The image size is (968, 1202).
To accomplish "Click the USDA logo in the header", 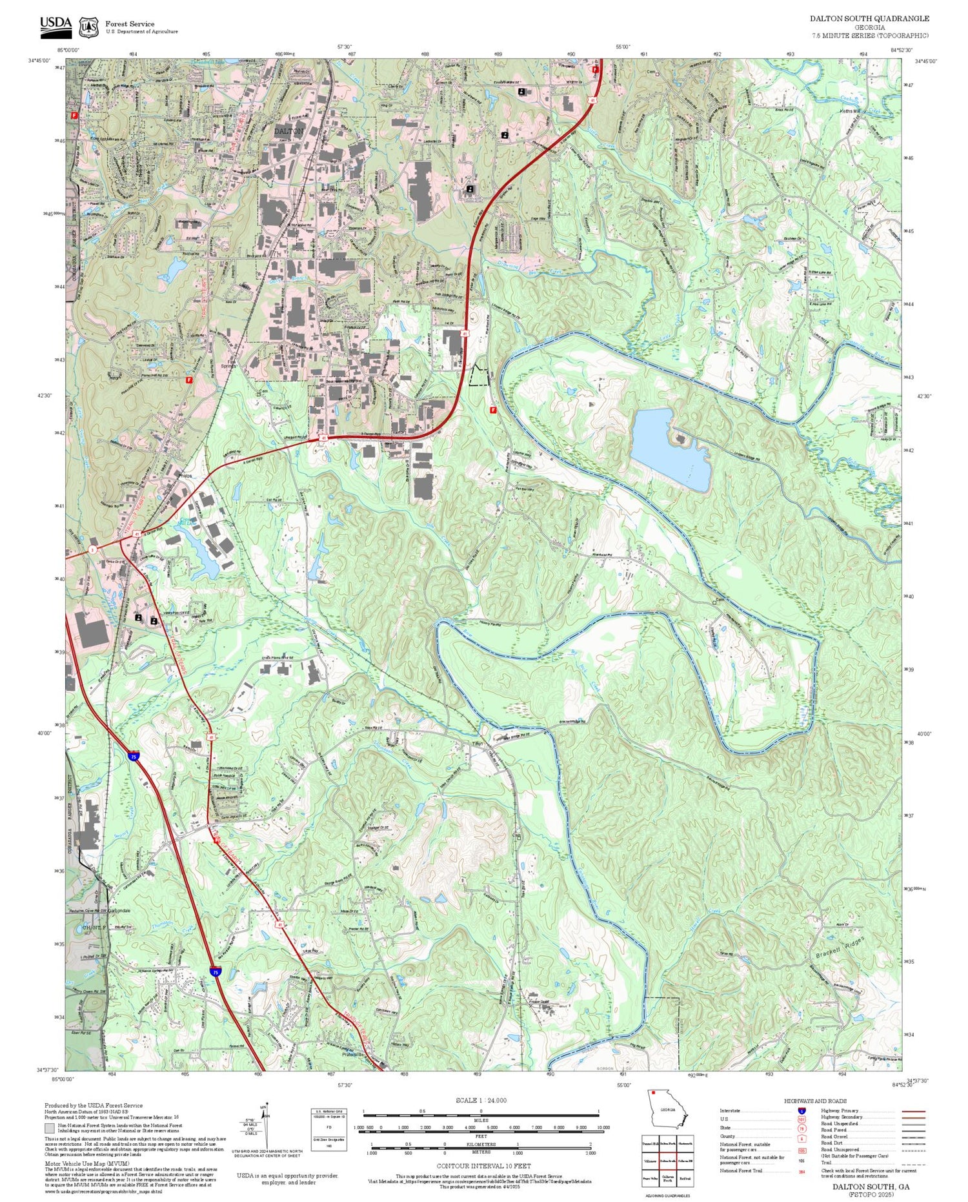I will pyautogui.click(x=55, y=26).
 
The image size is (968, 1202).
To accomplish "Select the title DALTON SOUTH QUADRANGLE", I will pyautogui.click(x=869, y=19).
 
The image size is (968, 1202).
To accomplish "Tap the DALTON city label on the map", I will pyautogui.click(x=288, y=131).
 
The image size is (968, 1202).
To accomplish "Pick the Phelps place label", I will pyautogui.click(x=185, y=476).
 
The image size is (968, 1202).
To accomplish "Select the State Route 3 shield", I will pyautogui.click(x=93, y=549).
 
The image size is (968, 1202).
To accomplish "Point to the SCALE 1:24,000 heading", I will pyautogui.click(x=481, y=1101).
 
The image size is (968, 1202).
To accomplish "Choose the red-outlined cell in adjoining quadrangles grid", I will pyautogui.click(x=668, y=1161).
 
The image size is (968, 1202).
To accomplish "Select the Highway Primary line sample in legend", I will pyautogui.click(x=911, y=1112).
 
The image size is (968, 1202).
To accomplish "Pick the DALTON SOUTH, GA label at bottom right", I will pyautogui.click(x=871, y=1187).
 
